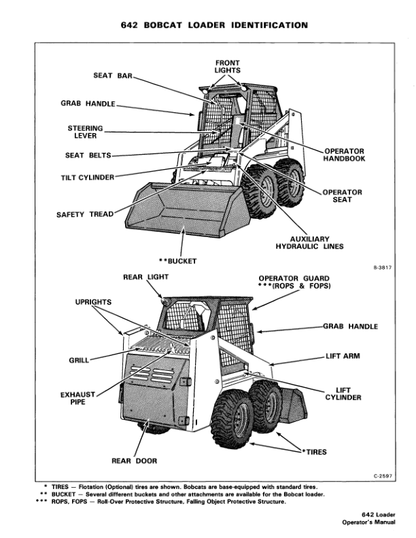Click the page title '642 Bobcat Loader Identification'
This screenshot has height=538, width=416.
point(208,25)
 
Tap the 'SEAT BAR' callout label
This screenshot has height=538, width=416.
point(112,75)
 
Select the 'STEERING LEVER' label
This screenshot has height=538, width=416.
point(85,132)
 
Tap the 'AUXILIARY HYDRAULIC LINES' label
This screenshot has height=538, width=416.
point(309,243)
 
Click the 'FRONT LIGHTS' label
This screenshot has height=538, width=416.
point(227,67)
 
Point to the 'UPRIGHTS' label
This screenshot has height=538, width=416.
point(93,300)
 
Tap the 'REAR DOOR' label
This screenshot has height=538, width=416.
point(134,461)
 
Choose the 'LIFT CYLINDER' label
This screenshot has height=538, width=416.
point(344,394)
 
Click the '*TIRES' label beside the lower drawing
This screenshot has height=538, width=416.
point(317,451)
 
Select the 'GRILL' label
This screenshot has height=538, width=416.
point(79,360)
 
